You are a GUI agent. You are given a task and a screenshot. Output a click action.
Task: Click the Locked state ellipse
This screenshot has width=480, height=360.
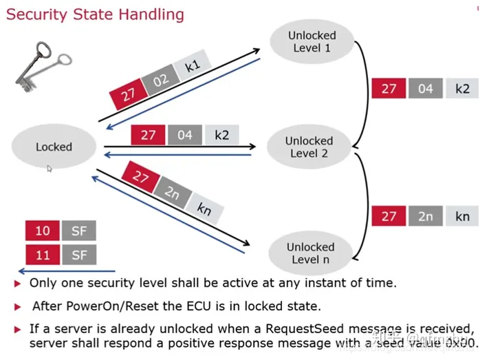coord(54,147)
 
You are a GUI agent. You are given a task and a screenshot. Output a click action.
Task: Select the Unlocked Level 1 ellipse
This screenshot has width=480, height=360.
coord(312,41)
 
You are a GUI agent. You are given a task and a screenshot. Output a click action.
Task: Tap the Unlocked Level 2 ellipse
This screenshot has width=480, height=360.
coord(309,147)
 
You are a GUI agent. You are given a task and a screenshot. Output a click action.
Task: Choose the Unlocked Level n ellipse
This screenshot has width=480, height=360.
coord(310,253)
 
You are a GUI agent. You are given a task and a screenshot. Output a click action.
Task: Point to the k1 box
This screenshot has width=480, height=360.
coord(192,67)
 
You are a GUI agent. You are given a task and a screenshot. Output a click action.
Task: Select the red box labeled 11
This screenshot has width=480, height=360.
coord(43,255)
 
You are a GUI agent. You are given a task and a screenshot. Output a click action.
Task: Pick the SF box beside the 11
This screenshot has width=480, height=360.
coord(79,255)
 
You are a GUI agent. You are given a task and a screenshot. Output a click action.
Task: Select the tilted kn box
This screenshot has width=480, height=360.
coord(204,208)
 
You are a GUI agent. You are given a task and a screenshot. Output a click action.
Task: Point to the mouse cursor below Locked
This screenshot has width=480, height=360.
coord(50,168)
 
